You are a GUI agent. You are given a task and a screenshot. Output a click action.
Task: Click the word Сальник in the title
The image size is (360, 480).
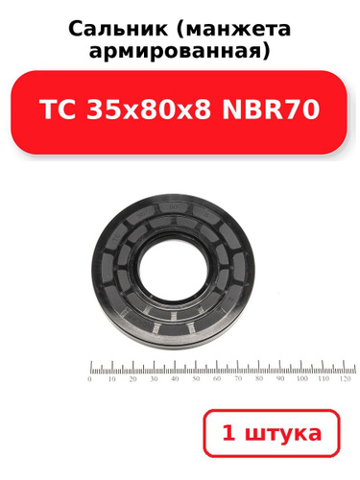[118, 29]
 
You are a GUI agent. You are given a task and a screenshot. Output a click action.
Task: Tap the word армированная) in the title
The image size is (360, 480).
[180, 51]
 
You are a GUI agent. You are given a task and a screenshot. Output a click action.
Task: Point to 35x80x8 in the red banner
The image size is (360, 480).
[149, 109]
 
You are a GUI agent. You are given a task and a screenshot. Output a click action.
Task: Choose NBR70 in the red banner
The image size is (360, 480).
[271, 109]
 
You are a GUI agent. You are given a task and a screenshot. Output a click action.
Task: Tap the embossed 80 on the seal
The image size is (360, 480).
[174, 207]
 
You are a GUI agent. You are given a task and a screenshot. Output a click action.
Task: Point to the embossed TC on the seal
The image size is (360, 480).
[115, 238]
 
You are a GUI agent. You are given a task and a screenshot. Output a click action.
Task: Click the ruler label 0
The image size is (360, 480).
[89, 379]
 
